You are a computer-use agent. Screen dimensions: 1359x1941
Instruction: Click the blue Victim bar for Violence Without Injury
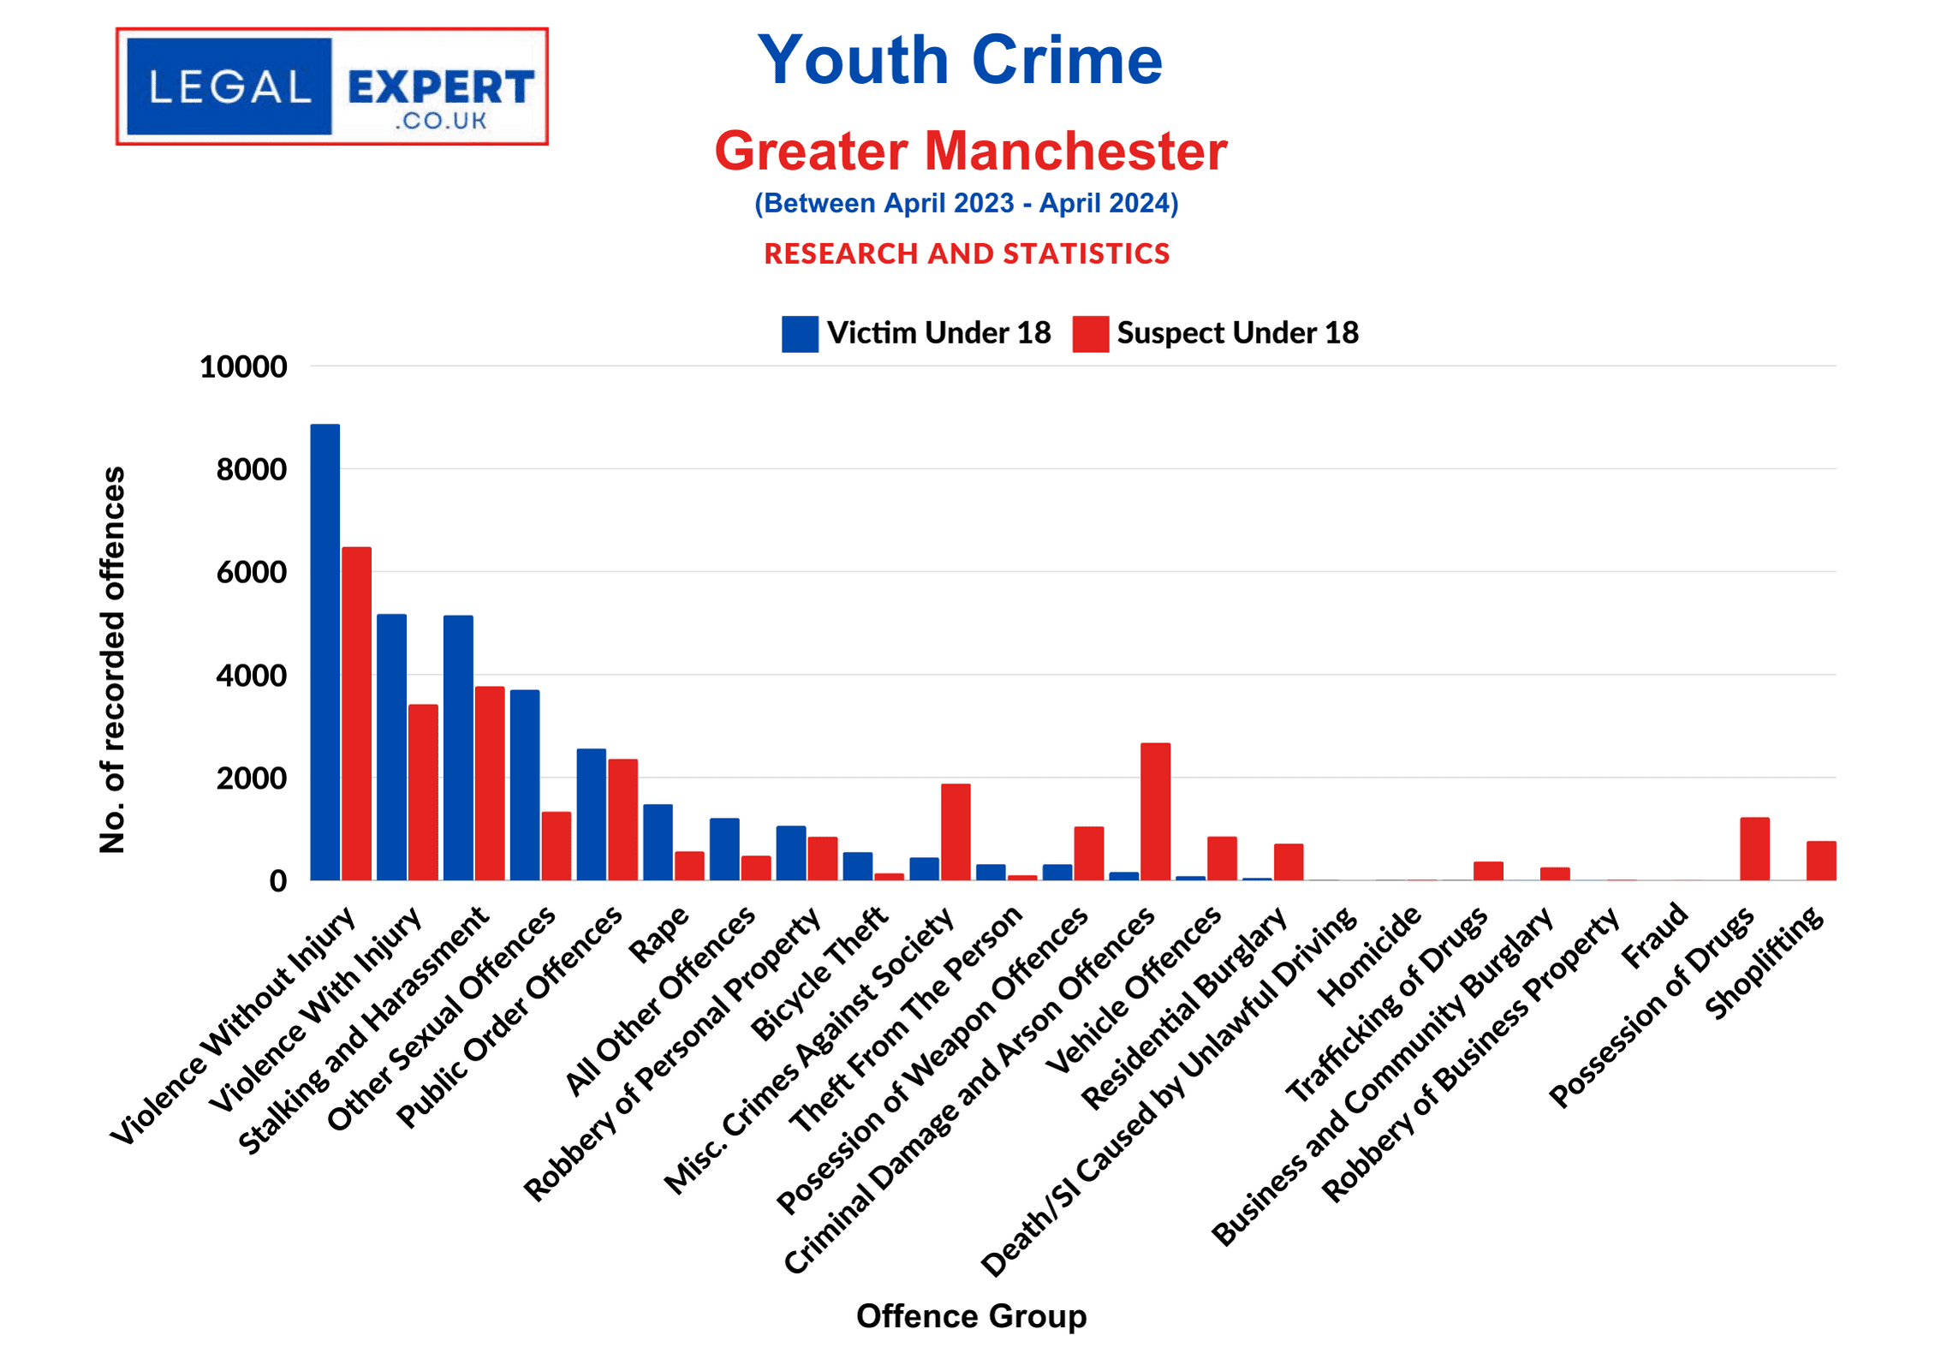[x=324, y=651]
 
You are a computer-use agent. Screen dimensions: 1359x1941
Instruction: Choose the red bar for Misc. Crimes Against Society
[x=956, y=831]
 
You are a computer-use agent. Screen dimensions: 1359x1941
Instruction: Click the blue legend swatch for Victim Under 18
[x=800, y=333]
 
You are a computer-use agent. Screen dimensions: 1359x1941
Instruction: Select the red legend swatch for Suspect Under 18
[x=1090, y=333]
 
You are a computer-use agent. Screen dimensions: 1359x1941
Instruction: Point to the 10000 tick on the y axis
[x=243, y=367]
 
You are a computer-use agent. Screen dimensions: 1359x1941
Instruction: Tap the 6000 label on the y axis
[x=251, y=572]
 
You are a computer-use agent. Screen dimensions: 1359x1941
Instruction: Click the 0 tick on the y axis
[x=277, y=880]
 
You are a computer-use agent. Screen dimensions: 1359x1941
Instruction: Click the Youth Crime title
[x=960, y=60]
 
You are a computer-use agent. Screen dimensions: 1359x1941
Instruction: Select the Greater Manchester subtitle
[x=970, y=151]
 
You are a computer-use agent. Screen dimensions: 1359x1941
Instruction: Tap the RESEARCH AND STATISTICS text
[x=967, y=253]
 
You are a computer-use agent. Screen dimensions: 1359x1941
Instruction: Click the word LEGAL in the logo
[x=229, y=87]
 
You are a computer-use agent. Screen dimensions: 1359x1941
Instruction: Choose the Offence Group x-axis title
[x=971, y=1315]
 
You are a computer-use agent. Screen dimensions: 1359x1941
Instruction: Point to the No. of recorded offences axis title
[x=113, y=659]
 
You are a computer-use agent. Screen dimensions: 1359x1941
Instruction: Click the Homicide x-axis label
[x=1369, y=956]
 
